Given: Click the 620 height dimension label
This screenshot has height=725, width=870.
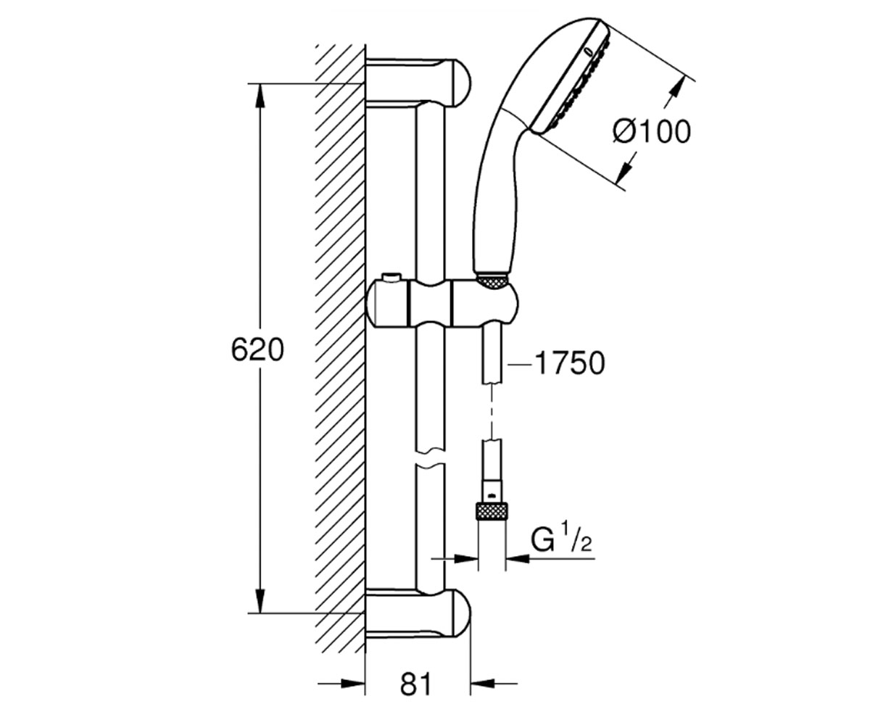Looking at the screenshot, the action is pyautogui.click(x=257, y=349).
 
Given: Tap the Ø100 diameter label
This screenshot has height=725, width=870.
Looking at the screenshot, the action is pyautogui.click(x=652, y=132).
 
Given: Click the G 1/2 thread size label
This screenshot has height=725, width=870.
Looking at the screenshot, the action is pyautogui.click(x=561, y=540).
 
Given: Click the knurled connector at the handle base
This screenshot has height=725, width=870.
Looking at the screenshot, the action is pyautogui.click(x=492, y=280).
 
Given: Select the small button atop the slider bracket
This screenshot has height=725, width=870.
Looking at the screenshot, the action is pyautogui.click(x=391, y=277).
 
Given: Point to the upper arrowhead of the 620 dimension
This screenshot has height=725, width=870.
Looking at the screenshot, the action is pyautogui.click(x=260, y=96).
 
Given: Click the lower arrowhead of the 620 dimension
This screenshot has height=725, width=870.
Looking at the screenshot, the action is pyautogui.click(x=260, y=600).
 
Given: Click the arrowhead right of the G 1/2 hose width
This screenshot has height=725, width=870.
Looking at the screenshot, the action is pyautogui.click(x=518, y=559).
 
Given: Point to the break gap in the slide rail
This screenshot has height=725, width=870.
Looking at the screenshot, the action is pyautogui.click(x=430, y=458).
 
